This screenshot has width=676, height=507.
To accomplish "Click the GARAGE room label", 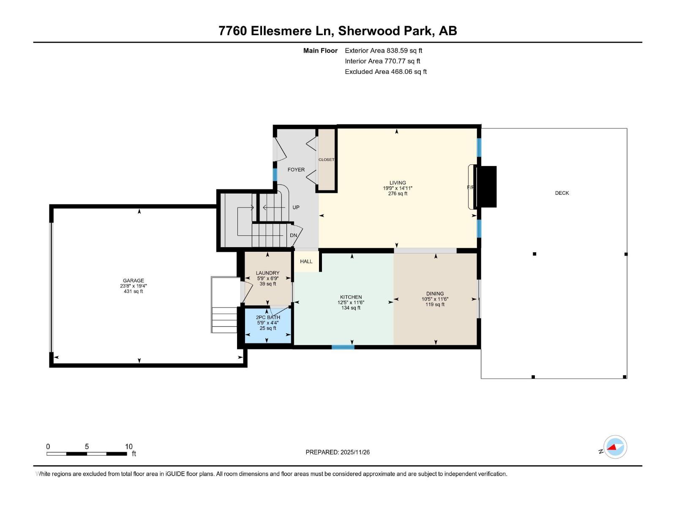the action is pyautogui.click(x=134, y=281).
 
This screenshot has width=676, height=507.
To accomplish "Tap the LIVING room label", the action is pyautogui.click(x=398, y=183).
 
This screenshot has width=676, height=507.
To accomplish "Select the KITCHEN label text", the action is pyautogui.click(x=351, y=297).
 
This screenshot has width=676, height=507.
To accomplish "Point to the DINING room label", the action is pyautogui.click(x=435, y=294).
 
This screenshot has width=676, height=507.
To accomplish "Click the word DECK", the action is pyautogui.click(x=562, y=193).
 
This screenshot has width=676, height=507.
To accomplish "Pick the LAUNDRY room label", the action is pyautogui.click(x=267, y=273).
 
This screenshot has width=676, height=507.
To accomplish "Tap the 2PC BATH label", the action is pyautogui.click(x=268, y=317).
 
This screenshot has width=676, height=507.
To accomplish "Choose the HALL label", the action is pyautogui.click(x=306, y=262).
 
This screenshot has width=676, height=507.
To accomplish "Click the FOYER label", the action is pyautogui.click(x=296, y=169).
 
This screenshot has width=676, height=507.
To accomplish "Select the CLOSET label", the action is pyautogui.click(x=326, y=159).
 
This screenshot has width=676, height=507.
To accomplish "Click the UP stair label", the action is pyautogui.click(x=296, y=207).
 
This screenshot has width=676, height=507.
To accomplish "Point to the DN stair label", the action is pyautogui.click(x=293, y=235).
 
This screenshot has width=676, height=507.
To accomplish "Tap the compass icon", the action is pyautogui.click(x=615, y=447).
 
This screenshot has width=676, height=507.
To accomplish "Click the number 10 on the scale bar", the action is pyautogui.click(x=128, y=446).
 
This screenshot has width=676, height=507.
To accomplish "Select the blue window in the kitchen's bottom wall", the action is pyautogui.click(x=343, y=347).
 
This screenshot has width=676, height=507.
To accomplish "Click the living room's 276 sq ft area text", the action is pyautogui.click(x=398, y=194).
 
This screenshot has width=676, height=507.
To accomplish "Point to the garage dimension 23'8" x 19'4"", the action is pyautogui.click(x=134, y=286).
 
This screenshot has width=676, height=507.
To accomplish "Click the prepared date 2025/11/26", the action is pyautogui.click(x=355, y=452).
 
